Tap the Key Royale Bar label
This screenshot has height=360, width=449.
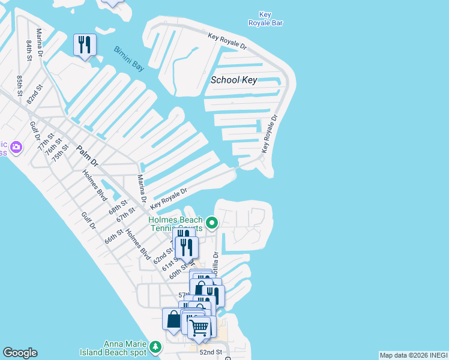click(x=265, y=19)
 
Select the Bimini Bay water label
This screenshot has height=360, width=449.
click(x=129, y=58)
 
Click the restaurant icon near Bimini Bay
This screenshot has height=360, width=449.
click(x=85, y=45)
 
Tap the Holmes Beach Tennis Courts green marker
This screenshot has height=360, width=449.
click(x=211, y=224)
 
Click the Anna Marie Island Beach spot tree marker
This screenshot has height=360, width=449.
click(x=155, y=347)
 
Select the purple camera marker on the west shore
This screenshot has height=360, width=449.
click(x=16, y=146)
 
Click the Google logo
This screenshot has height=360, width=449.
click(x=20, y=353)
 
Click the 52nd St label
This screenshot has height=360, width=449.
click(x=211, y=352)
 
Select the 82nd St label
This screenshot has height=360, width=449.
click(x=35, y=95)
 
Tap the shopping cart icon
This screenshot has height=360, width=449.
click(x=199, y=328)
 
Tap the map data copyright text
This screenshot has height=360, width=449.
click(x=414, y=355)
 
